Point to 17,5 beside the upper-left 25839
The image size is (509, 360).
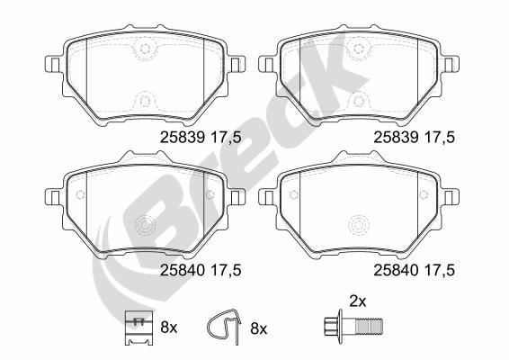(x=228, y=137)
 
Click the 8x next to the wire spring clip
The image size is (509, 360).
(x=257, y=328)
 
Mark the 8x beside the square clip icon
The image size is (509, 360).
(x=168, y=328)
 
